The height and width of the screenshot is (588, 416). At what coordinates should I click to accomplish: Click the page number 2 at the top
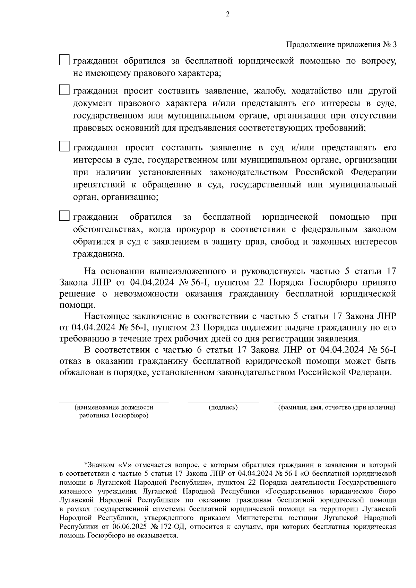(x=227, y=14)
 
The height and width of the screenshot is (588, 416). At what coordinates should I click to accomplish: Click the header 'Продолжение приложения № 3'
(x=341, y=45)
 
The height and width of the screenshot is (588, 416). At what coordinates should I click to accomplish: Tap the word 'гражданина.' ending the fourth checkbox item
(x=98, y=254)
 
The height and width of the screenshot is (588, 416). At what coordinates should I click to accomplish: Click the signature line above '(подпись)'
(x=223, y=403)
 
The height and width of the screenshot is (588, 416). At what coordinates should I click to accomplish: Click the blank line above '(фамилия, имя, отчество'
(x=337, y=403)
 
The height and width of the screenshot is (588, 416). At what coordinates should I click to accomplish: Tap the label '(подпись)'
(x=223, y=407)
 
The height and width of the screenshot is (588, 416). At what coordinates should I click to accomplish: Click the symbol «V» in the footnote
(x=126, y=465)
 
